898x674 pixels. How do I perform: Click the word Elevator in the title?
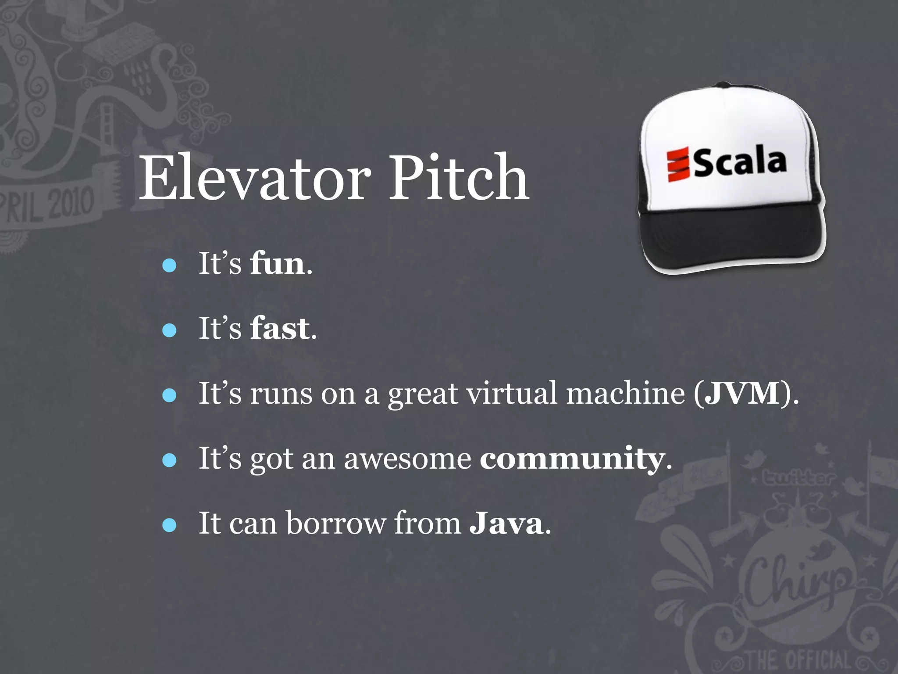(254, 178)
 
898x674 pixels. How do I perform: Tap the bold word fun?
(277, 264)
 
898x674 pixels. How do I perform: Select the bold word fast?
(280, 329)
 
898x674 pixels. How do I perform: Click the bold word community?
(572, 459)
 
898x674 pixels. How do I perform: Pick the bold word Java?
(506, 523)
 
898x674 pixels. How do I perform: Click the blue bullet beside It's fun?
(169, 265)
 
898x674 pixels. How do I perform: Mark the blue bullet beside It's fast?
(169, 330)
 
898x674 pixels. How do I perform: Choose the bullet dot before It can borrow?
(169, 525)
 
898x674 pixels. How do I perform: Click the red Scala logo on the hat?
(678, 165)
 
